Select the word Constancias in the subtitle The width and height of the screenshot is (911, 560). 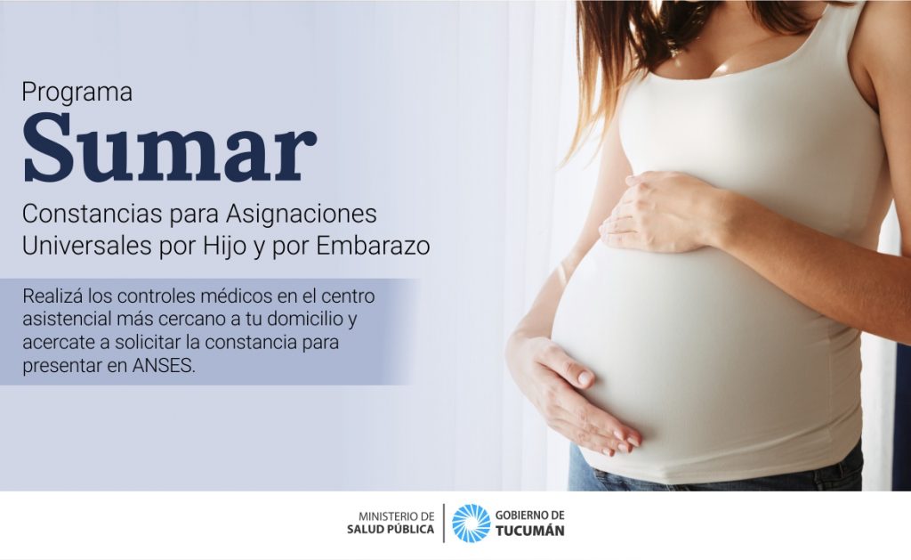click(92, 214)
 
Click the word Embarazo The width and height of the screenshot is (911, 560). click(373, 246)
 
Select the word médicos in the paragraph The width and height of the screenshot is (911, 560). click(236, 296)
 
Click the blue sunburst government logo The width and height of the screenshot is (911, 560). click(472, 523)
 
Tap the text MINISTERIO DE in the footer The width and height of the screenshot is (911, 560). click(396, 515)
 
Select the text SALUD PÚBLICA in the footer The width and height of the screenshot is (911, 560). click(391, 529)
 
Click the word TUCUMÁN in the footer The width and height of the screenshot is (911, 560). click(530, 531)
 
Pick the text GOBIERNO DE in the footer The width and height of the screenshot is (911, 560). click(530, 515)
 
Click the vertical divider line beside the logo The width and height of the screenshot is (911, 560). click(444, 523)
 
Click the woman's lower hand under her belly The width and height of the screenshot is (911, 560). click(572, 395)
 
